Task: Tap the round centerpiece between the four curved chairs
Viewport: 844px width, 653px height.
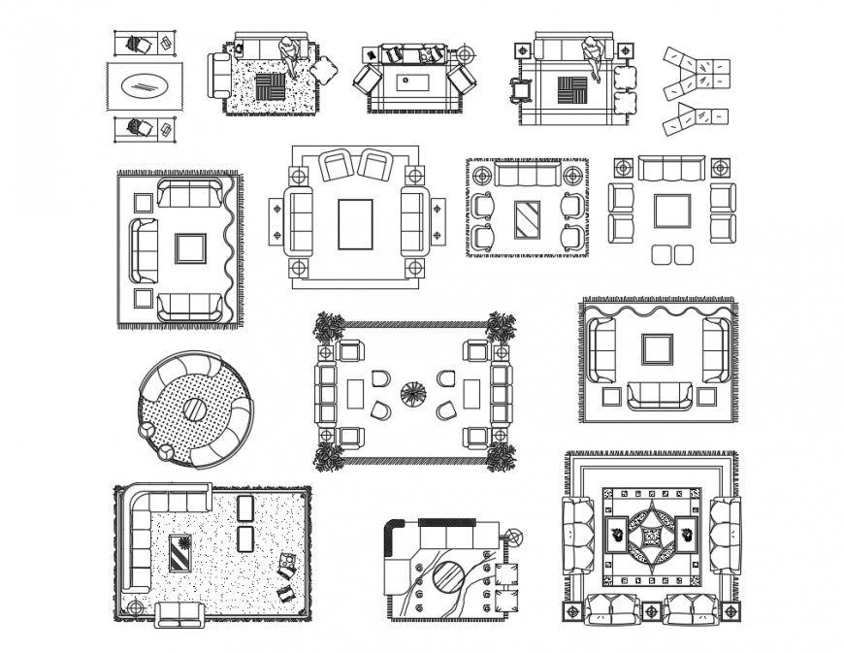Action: click(x=412, y=394)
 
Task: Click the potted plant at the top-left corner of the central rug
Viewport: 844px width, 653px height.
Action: click(x=327, y=327)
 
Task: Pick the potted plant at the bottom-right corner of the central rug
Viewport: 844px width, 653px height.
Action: click(x=501, y=456)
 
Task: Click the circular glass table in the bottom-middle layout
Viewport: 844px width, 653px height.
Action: click(x=448, y=577)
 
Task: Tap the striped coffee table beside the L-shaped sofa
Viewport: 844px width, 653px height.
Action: click(x=180, y=554)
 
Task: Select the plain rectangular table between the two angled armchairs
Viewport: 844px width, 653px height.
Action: click(x=354, y=224)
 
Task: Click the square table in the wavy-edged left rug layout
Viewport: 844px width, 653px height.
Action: click(x=190, y=248)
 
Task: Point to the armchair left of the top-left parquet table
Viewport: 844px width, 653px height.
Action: click(x=220, y=72)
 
